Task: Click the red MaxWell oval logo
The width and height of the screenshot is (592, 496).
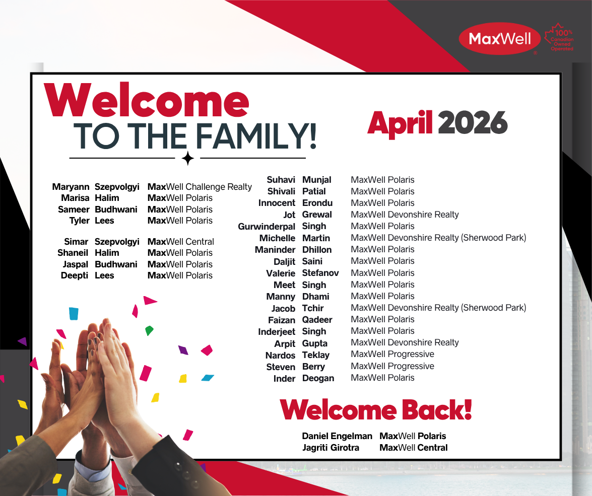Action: coord(500,38)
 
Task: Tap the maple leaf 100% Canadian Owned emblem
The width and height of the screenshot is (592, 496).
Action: coord(560,37)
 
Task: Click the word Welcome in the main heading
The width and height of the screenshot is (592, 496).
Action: coord(147,100)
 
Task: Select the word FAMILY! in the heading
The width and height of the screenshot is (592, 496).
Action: coord(256,136)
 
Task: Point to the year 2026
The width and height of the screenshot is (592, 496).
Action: coord(473,122)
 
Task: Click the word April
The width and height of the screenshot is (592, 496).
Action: coord(400,123)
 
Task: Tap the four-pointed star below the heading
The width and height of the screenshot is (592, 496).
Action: coord(187,158)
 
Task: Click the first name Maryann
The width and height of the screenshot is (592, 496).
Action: coord(71,187)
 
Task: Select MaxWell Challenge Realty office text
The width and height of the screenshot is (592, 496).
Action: coord(200,187)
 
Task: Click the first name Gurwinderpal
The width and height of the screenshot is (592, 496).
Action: coord(267,227)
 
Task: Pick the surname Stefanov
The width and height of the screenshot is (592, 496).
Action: coord(320,273)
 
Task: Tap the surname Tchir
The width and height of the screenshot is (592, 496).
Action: coord(313,308)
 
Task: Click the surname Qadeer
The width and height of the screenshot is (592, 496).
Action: coord(317,320)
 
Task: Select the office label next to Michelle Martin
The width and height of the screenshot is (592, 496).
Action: coord(438,238)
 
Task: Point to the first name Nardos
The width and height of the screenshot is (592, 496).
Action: coord(280,356)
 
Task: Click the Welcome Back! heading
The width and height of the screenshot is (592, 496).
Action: coord(376,409)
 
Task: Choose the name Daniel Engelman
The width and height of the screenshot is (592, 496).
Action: coord(337,437)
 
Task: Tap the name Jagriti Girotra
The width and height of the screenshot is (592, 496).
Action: coord(331,448)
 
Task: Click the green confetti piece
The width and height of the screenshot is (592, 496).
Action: coord(149,331)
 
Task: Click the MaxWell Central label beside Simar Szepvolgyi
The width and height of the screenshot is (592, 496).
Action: coord(180,242)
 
